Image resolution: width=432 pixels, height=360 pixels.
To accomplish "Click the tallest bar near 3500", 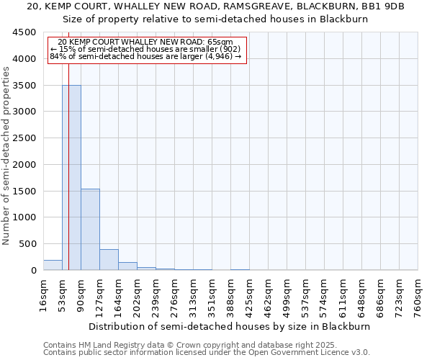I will pos(71,177).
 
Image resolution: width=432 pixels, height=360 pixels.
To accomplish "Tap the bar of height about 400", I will pos(109,259).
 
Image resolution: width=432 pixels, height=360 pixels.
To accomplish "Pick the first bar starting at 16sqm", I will pos(53,265).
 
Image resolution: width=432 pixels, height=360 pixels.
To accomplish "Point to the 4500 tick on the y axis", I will pos(25,32).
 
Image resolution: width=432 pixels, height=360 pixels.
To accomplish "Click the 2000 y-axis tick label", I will pos(25,165).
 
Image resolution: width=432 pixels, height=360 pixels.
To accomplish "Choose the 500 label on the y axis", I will pos(29,244).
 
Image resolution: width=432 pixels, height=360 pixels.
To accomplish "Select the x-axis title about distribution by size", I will pos(230,326).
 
